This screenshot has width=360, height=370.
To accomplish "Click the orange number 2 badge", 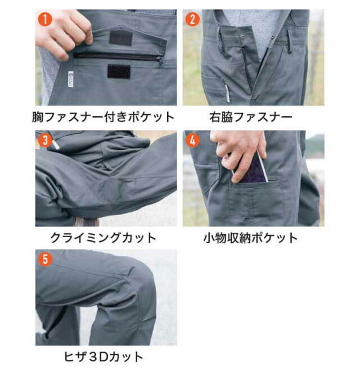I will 193,19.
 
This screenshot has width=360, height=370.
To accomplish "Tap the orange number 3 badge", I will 46,140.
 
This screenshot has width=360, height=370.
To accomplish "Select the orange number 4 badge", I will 193,140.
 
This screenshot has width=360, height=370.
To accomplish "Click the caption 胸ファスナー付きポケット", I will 103,118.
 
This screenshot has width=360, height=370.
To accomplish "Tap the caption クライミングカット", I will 103,237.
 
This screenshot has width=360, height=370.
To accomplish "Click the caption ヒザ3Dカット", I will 103,356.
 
